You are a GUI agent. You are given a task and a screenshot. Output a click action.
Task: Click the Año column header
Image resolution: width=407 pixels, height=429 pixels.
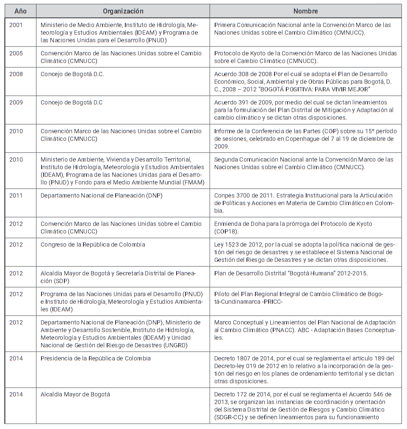pyautogui.click(x=20, y=11)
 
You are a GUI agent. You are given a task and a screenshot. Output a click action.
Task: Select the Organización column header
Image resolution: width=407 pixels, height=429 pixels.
pyautogui.click(x=123, y=11)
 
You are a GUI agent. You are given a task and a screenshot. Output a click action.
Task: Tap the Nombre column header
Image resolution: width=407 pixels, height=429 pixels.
pyautogui.click(x=305, y=11)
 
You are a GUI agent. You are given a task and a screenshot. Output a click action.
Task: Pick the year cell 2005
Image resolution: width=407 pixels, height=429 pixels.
pyautogui.click(x=17, y=54)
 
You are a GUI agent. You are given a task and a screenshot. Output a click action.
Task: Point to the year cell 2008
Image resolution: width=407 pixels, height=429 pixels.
pyautogui.click(x=17, y=74)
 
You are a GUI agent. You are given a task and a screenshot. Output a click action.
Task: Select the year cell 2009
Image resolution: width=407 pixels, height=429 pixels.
pyautogui.click(x=17, y=103)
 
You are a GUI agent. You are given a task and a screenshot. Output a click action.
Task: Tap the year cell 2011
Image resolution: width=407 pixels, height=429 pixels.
pyautogui.click(x=17, y=195)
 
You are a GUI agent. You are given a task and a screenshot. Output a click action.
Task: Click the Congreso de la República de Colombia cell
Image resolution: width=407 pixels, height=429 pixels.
pyautogui.click(x=93, y=245)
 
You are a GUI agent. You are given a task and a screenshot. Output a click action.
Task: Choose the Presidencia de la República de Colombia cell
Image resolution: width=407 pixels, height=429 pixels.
pyautogui.click(x=96, y=358)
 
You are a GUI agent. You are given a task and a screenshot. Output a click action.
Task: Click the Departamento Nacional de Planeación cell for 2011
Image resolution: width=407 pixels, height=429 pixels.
pyautogui.click(x=102, y=195)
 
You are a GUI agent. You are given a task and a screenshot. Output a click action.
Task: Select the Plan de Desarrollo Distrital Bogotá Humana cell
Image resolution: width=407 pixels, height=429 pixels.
pyautogui.click(x=291, y=273)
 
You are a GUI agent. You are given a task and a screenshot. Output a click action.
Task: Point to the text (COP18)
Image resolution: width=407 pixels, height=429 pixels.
pyautogui.click(x=226, y=231)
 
